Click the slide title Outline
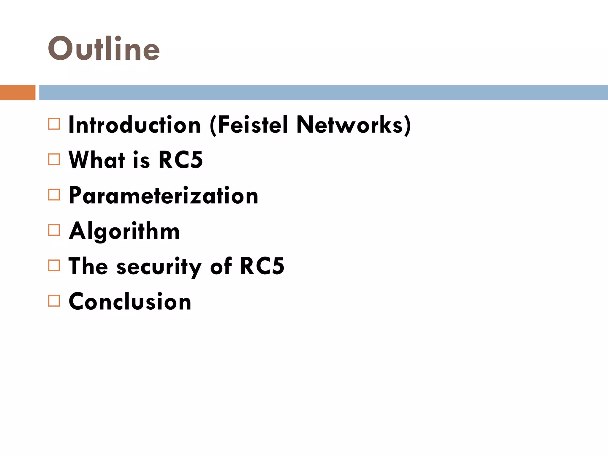tap(104, 48)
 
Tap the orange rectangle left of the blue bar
tap(18, 93)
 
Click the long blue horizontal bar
tap(323, 93)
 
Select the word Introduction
tap(135, 125)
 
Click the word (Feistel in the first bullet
tap(249, 125)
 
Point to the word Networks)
tap(354, 125)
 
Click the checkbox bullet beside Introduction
tap(54, 124)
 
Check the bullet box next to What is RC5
tap(54, 159)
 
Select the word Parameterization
tap(164, 196)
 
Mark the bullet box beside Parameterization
tap(54, 195)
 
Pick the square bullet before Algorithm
tap(54, 230)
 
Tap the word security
tap(159, 267)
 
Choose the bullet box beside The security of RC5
tap(54, 265)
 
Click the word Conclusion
tap(130, 301)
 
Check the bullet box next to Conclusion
tap(54, 301)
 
